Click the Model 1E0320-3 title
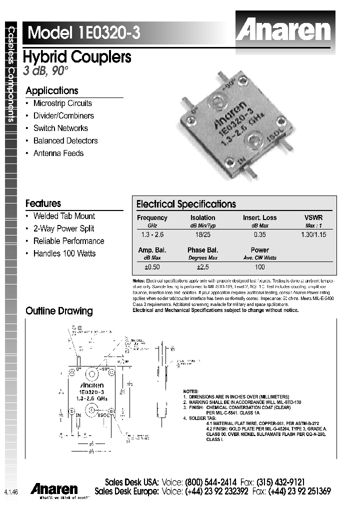coord(84,33)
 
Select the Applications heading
coord(52,91)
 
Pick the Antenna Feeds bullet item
coord(58,153)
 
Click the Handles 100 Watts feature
coord(64,253)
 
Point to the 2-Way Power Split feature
coord(63,228)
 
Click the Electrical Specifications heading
coord(186,204)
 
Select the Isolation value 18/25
coord(202,234)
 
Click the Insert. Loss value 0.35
coord(259,234)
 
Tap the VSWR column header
coord(313,218)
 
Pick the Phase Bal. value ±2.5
coord(202,266)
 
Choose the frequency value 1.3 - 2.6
coord(152,234)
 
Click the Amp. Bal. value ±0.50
coord(152,266)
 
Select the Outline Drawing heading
coord(59,311)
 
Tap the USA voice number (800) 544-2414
coord(210,482)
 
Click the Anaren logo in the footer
coord(54,489)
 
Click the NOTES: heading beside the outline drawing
coord(191,391)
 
